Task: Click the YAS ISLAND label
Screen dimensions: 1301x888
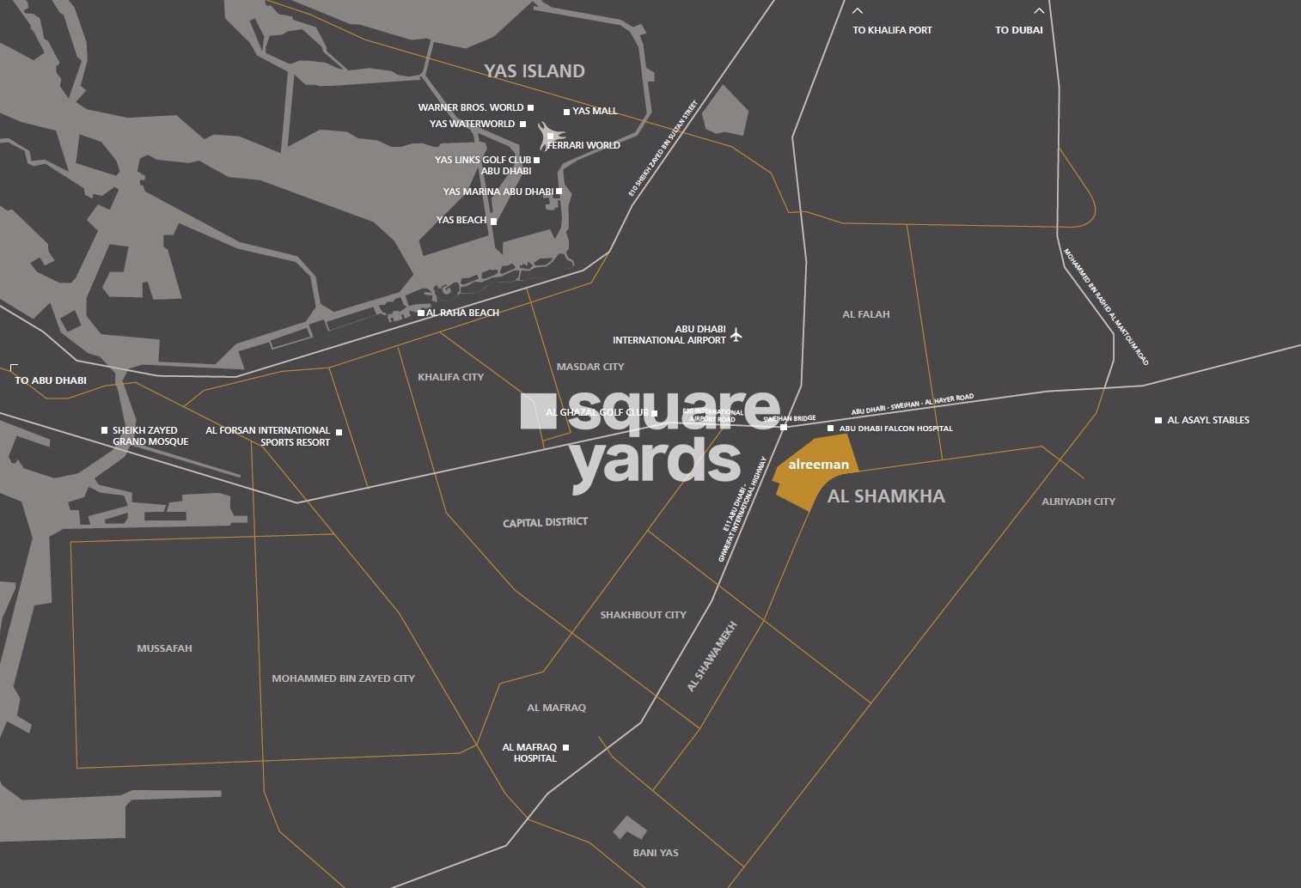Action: pos(534,71)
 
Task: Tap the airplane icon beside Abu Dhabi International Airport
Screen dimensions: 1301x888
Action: pos(736,335)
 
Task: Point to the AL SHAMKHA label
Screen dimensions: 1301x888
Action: pos(886,496)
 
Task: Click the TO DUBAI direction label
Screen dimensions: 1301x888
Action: pos(1019,30)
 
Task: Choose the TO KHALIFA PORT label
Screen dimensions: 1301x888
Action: pos(892,30)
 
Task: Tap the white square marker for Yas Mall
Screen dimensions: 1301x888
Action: pos(566,112)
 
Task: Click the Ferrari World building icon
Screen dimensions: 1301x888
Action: pos(550,136)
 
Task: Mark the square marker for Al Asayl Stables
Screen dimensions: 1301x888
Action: pos(1158,421)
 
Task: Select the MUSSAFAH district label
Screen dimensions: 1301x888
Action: pos(164,648)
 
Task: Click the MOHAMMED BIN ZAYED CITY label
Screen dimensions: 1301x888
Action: pos(343,678)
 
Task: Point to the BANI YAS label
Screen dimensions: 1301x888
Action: pos(656,853)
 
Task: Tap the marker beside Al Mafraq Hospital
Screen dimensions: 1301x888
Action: pos(565,748)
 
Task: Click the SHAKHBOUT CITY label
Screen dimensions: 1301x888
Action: pos(643,615)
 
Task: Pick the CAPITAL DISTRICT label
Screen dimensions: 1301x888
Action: pos(546,522)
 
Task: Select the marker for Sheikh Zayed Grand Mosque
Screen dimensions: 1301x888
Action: pos(105,430)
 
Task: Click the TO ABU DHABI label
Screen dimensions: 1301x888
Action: pos(51,380)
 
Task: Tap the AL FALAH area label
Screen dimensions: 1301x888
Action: pos(866,314)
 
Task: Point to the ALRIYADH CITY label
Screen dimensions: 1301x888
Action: pos(1078,502)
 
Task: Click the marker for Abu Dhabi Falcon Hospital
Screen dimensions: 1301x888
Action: pos(830,429)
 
